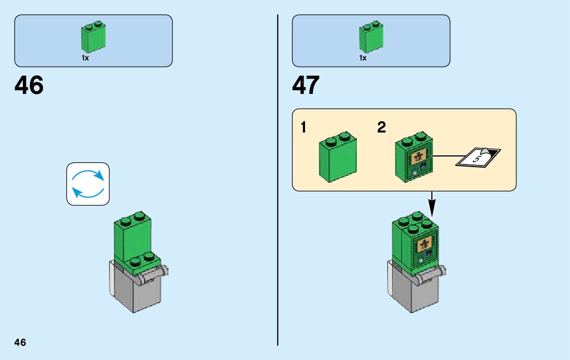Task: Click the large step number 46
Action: pos(29,85)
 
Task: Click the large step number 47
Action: pos(306,85)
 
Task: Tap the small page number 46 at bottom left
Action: pos(20,342)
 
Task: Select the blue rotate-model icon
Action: pos(88,184)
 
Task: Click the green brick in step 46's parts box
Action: pos(93,38)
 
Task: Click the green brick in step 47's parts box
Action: pos(371,38)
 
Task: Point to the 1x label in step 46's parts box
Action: pos(85,58)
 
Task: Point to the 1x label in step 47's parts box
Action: pos(363,58)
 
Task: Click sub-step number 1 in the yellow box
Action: pos(303,128)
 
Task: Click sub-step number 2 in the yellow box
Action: pos(382,128)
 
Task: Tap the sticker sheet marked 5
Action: pos(479,157)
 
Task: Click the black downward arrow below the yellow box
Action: pos(431,204)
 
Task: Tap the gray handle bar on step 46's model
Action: pos(152,274)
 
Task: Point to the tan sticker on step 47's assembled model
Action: pos(425,245)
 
